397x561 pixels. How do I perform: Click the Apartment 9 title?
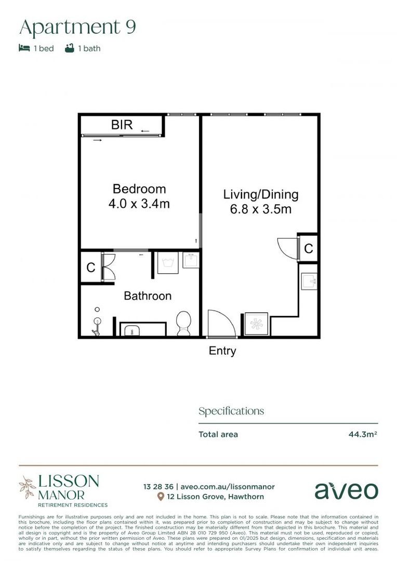[x=77, y=27]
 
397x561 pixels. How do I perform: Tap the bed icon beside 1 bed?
[x=24, y=48]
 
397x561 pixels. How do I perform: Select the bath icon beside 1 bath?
[x=70, y=48]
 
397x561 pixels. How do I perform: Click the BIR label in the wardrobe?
[x=122, y=125]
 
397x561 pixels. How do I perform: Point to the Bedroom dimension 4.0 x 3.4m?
[x=139, y=204]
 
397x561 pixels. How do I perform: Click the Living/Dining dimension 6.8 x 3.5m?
[x=261, y=209]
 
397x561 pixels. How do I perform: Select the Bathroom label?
[x=148, y=296]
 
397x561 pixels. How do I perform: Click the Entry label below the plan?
[x=222, y=351]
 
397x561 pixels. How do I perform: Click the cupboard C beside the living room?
[x=309, y=249]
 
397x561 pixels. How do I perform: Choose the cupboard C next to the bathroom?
[x=91, y=268]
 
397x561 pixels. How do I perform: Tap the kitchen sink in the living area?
[x=309, y=280]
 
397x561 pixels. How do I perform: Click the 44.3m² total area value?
[x=363, y=434]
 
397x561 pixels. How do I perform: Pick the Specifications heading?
[x=231, y=411]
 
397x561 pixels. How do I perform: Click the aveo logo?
[x=346, y=490]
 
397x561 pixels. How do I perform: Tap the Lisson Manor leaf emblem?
[x=28, y=487]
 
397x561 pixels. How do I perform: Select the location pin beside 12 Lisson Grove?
[x=161, y=497]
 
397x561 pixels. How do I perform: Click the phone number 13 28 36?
[x=158, y=487]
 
